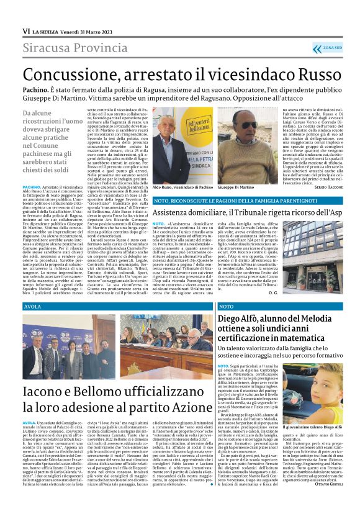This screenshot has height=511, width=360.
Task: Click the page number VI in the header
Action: pos(26,31)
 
